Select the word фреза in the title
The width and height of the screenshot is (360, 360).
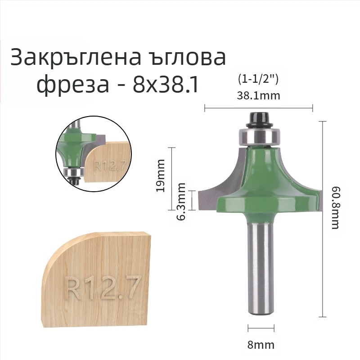click(72, 85)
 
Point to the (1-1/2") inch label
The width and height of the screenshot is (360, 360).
click(258, 80)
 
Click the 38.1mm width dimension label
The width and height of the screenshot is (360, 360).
click(258, 95)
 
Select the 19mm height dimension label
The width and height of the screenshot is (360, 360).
click(160, 175)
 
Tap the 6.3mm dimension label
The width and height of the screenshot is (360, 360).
click(181, 201)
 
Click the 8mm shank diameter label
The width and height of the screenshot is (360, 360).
click(261, 345)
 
